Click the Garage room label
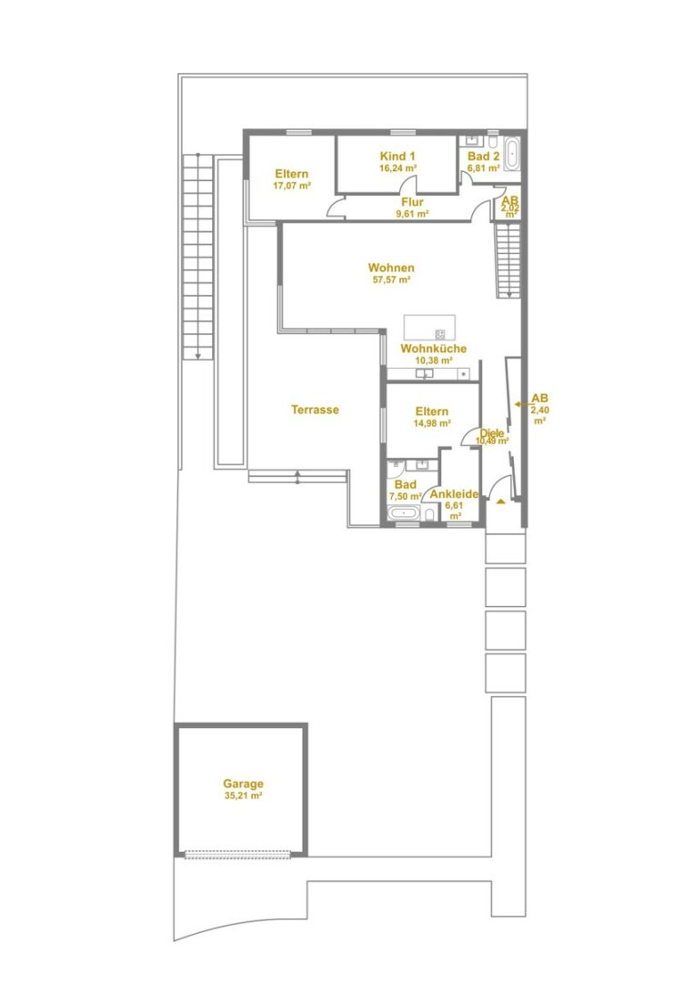(243, 788)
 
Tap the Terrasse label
(315, 410)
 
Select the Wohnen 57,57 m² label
(391, 273)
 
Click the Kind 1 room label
(397, 161)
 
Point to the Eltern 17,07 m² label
(292, 179)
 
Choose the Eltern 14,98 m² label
(432, 417)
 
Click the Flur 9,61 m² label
(412, 208)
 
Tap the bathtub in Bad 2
(512, 154)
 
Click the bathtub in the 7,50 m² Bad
(404, 514)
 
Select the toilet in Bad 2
(493, 138)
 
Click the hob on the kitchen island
(440, 334)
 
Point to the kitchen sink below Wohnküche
(424, 374)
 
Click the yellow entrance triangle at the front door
(500, 501)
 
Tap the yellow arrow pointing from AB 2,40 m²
(520, 404)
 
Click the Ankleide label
(454, 494)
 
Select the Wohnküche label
(434, 349)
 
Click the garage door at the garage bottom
(238, 854)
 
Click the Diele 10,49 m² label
(492, 437)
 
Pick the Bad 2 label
(484, 162)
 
